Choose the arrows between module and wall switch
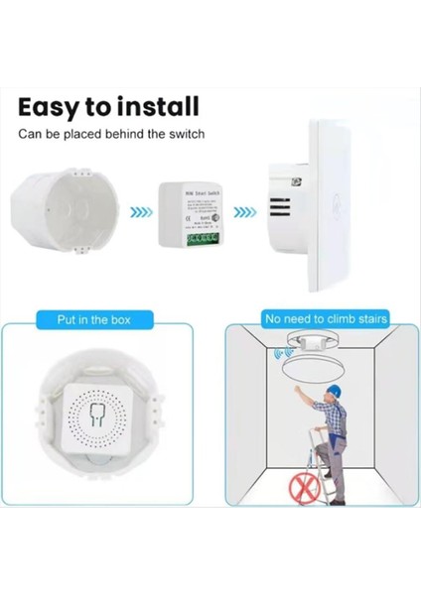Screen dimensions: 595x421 tap(253, 211)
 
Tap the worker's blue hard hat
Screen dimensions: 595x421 tap(334, 391)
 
